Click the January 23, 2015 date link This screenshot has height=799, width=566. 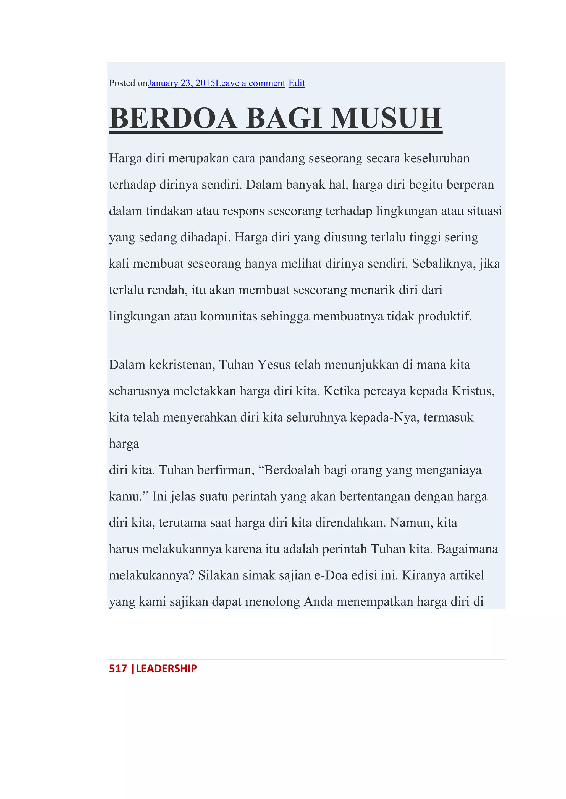(x=181, y=83)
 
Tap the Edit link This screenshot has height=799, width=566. (x=297, y=83)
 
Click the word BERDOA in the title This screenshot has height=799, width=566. (x=173, y=119)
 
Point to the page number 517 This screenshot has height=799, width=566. (x=118, y=668)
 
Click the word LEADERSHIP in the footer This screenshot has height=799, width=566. (x=166, y=668)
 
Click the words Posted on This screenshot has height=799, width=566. (x=128, y=83)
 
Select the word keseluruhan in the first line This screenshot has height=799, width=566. (x=436, y=159)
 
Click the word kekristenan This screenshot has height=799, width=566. (x=182, y=365)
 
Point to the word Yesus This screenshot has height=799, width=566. (x=274, y=365)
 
